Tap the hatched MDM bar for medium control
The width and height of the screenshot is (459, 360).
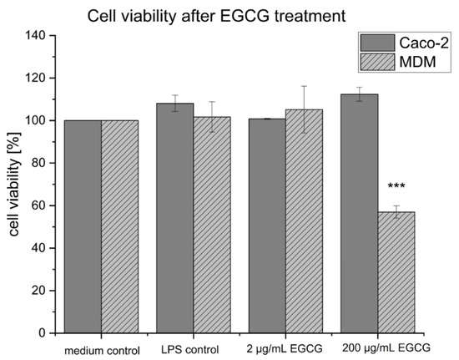(120, 226)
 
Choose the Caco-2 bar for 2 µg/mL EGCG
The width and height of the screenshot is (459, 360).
(267, 226)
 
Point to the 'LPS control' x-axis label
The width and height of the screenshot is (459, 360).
(194, 348)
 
